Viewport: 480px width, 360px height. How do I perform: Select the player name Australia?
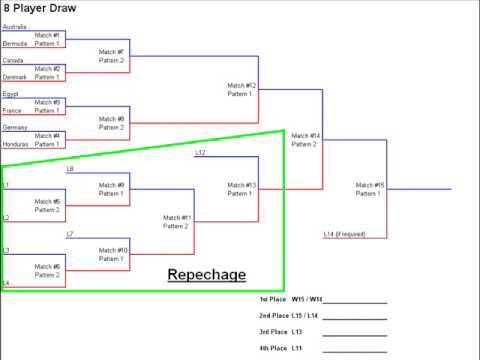coord(14,27)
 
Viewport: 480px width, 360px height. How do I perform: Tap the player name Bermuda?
coord(15,44)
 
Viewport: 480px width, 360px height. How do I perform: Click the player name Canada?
coord(12,60)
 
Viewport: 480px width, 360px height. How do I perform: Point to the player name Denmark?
coord(15,77)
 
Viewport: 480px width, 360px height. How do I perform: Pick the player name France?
coord(12,111)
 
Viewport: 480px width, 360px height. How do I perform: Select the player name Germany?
coord(14,128)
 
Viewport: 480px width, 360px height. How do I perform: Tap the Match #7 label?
coord(112,52)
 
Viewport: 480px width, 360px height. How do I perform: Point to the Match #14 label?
coord(306,136)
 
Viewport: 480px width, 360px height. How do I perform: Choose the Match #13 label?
coord(241,185)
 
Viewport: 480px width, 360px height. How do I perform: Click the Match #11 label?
coord(177,218)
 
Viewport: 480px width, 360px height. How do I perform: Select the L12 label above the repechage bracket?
coord(200,153)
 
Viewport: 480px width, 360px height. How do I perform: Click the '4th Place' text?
coord(273,348)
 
